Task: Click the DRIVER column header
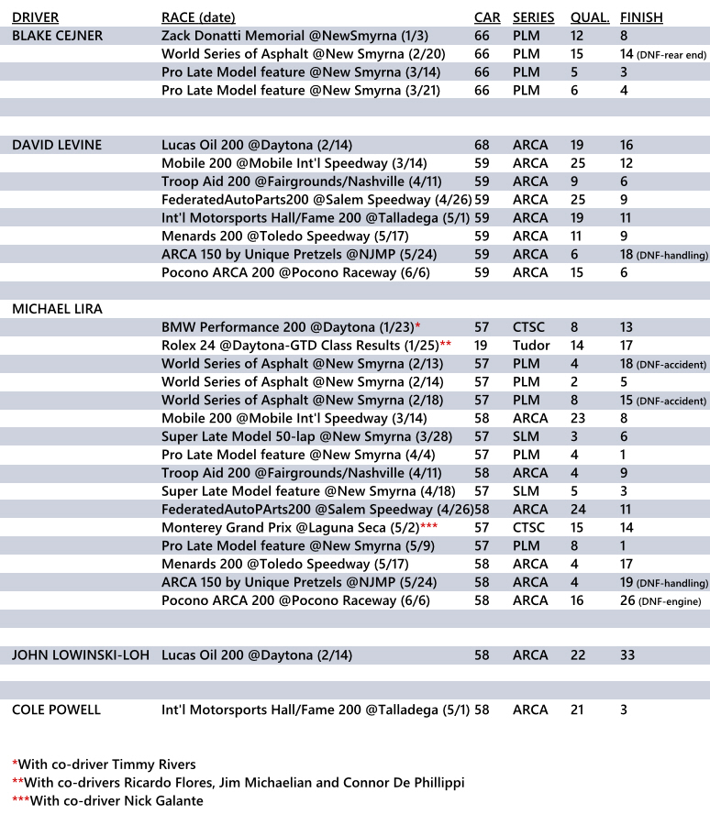(x=36, y=17)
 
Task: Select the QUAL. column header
(x=589, y=17)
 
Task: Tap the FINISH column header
(x=641, y=17)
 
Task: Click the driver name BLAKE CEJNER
(x=57, y=36)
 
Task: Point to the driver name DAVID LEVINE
(x=57, y=145)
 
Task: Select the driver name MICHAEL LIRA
(x=57, y=309)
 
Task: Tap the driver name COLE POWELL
(x=56, y=709)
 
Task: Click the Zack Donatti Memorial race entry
(x=291, y=36)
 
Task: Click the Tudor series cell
(x=531, y=346)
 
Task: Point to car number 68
(x=482, y=145)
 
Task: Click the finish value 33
(x=627, y=655)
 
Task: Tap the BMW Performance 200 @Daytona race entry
(x=290, y=327)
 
